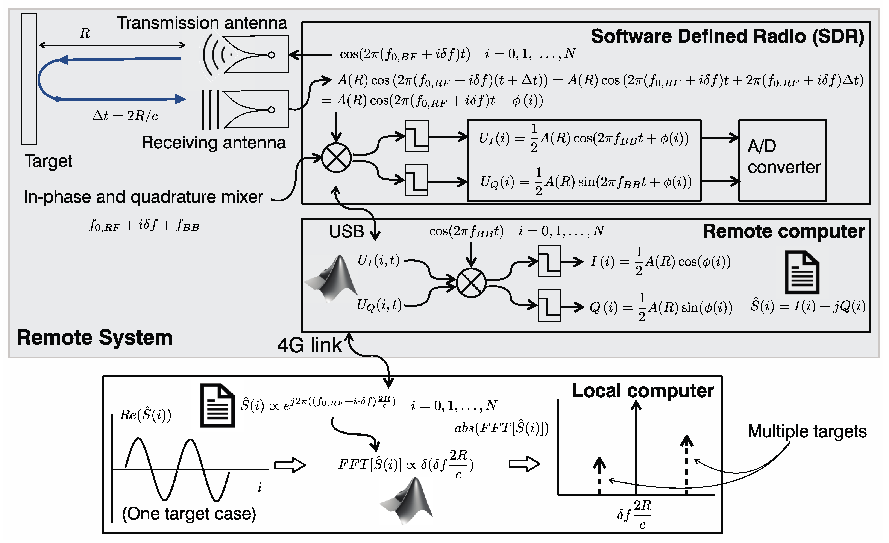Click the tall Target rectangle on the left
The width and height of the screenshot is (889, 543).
pyautogui.click(x=29, y=79)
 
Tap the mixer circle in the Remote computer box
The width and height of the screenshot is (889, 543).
pyautogui.click(x=471, y=283)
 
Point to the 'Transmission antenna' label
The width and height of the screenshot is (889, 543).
pyautogui.click(x=202, y=23)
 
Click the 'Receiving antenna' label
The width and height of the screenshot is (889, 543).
pyautogui.click(x=214, y=142)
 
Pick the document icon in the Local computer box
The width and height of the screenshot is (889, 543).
pyautogui.click(x=217, y=406)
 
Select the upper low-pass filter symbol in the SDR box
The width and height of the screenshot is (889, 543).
pyautogui.click(x=417, y=136)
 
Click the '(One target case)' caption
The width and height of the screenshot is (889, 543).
pyautogui.click(x=189, y=513)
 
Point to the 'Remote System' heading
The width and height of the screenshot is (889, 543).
pyautogui.click(x=94, y=337)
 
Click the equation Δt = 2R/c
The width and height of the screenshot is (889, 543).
pyautogui.click(x=125, y=116)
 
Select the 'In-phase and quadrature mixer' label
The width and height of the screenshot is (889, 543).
pyautogui.click(x=143, y=197)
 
